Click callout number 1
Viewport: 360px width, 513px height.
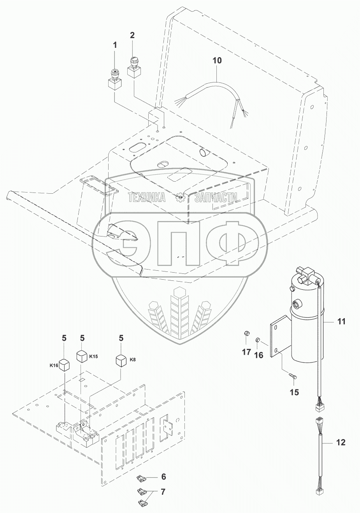pos(115,46)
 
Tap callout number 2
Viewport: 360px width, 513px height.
pos(132,35)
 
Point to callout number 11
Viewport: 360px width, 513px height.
pos(341,322)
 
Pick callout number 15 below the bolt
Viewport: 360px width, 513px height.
pos(295,392)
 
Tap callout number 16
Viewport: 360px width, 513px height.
pos(259,355)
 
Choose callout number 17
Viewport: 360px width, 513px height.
pos(246,352)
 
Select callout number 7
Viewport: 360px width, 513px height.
pos(163,492)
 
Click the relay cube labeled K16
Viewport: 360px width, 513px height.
pos(64,365)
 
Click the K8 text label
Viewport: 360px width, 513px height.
pos(133,359)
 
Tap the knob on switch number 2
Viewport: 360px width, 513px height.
pos(133,61)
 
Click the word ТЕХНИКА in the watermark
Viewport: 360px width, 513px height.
pos(147,197)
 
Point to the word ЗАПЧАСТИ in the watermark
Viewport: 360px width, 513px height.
pos(216,197)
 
